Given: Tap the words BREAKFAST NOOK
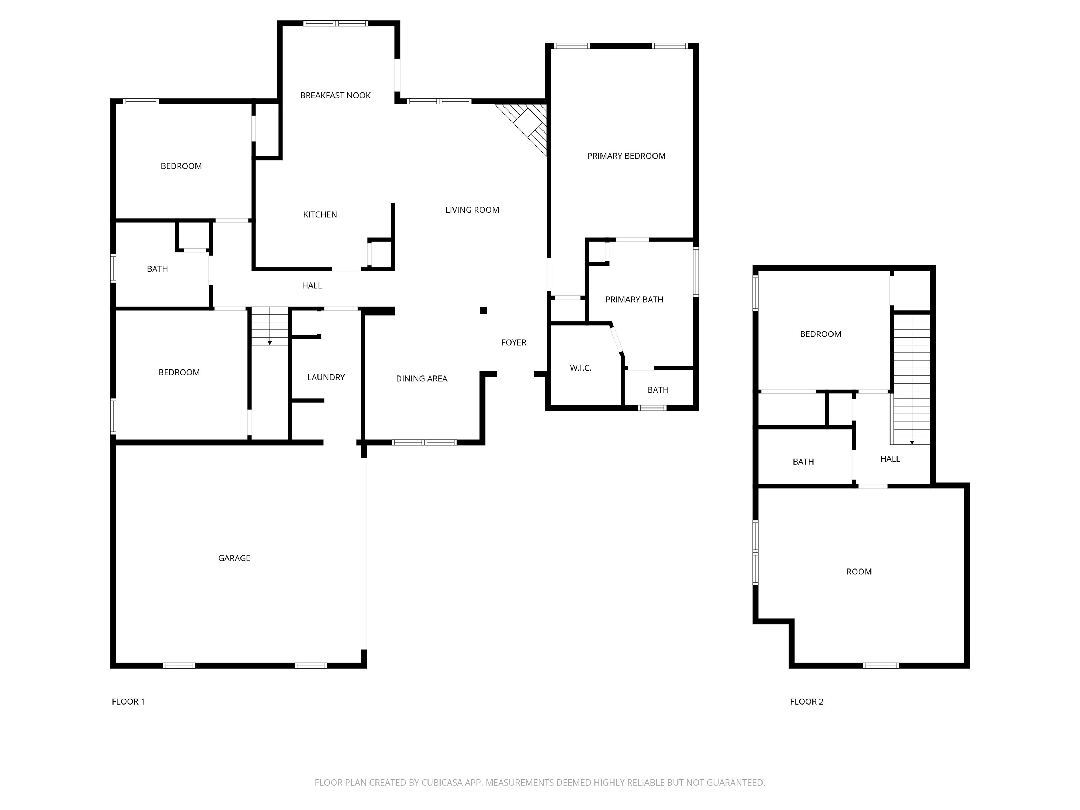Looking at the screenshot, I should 335,96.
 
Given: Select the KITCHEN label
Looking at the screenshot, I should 320,214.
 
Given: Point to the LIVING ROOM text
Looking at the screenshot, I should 472,210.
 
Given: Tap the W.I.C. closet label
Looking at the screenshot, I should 580,368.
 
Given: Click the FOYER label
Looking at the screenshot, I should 513,343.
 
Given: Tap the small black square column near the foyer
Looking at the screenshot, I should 483,310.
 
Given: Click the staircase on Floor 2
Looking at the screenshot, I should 911,378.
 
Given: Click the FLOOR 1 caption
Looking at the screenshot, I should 128,702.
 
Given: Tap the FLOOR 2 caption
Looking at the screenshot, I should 806,702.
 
